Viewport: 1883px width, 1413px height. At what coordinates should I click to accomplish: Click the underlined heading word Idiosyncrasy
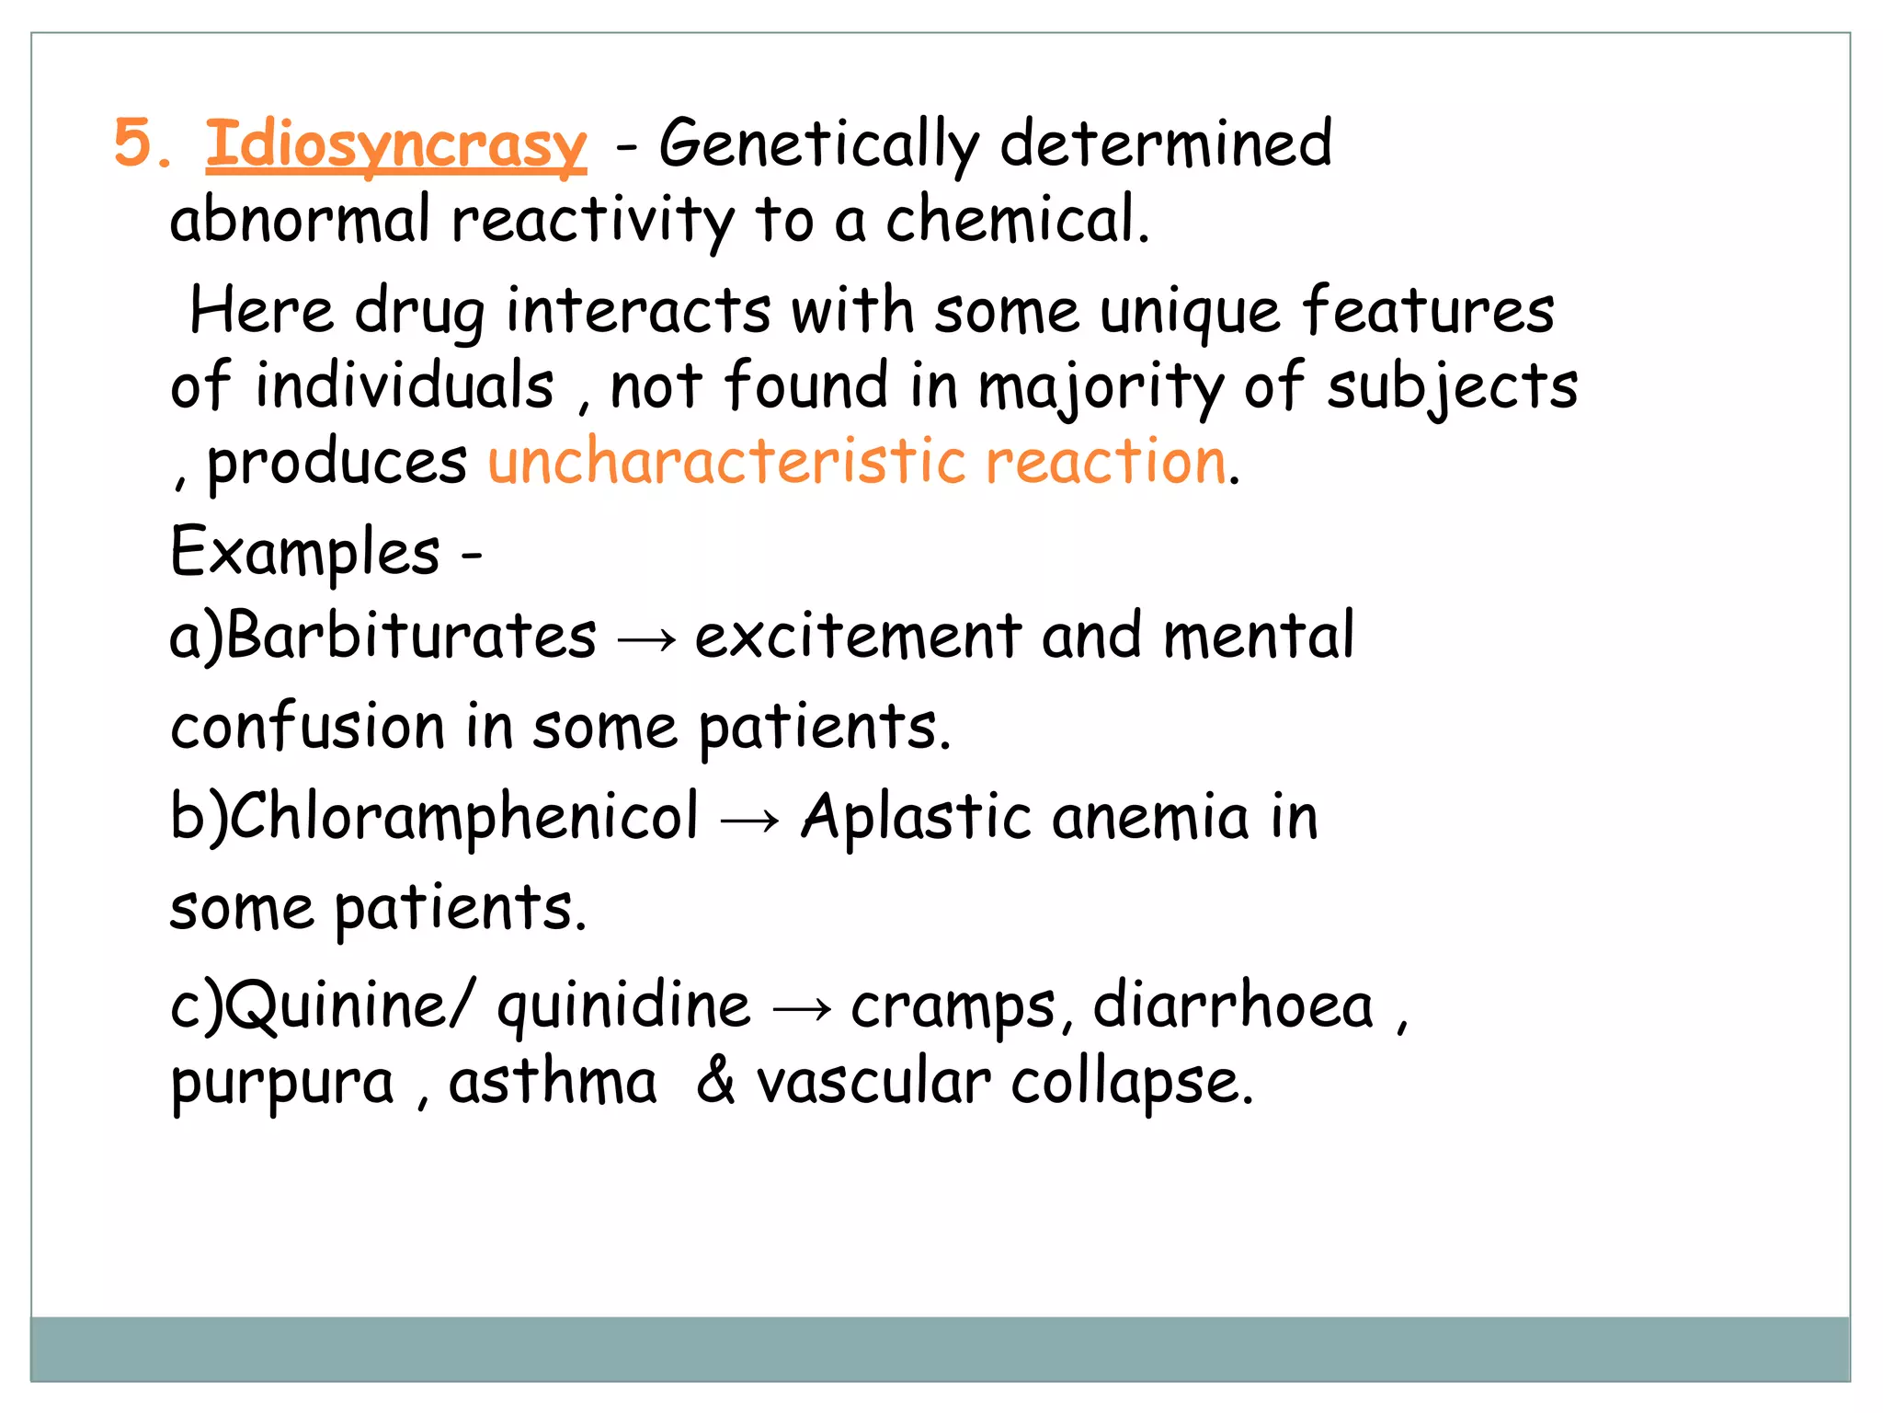tap(395, 145)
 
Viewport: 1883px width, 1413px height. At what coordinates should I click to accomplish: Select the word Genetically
tap(819, 145)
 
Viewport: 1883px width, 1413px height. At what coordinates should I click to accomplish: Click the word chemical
tap(1016, 221)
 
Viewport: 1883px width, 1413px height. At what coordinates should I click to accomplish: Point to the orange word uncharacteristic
tap(726, 461)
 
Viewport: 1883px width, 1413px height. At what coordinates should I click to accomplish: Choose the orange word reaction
tap(1106, 461)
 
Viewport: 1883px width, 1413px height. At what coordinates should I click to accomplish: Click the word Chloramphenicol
tap(464, 816)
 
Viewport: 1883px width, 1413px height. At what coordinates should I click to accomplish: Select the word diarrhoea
tap(1232, 1005)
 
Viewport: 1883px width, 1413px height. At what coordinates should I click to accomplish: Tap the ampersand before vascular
tap(715, 1081)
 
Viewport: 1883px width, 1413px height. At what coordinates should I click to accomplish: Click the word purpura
tap(282, 1084)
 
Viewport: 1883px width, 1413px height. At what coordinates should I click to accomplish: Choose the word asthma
tap(553, 1081)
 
